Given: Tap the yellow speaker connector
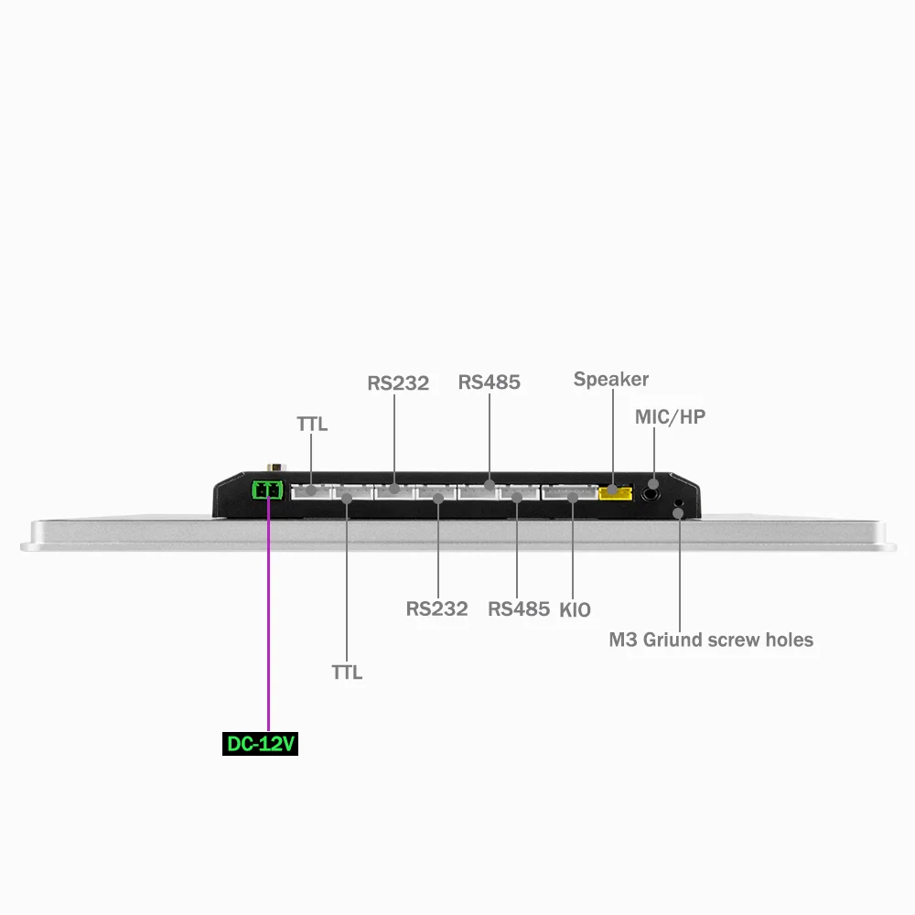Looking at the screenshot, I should pos(615,493).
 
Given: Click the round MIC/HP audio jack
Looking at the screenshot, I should pos(652,491).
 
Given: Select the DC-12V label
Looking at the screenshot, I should pos(261,745).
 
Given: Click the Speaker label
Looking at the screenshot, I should pos(611,379).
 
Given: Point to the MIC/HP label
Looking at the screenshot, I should pos(670,417).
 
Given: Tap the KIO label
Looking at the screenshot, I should pos(575,609).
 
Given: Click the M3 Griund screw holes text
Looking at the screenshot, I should pos(711,640).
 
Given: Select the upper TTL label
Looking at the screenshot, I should pos(312,425).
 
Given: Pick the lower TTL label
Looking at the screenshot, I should pos(347,673).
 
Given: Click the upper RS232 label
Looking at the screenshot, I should pos(398,382).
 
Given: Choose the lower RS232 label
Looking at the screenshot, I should pos(436,608).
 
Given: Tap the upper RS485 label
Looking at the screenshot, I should pos(490,382).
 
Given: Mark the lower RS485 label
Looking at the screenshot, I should pos(519,608).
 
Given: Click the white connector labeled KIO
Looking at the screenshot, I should pos(568,493).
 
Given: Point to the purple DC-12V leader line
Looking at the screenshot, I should pos(268,622).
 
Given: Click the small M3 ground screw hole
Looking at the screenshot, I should pos(678,509).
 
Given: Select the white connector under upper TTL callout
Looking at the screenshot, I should pos(310,492).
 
